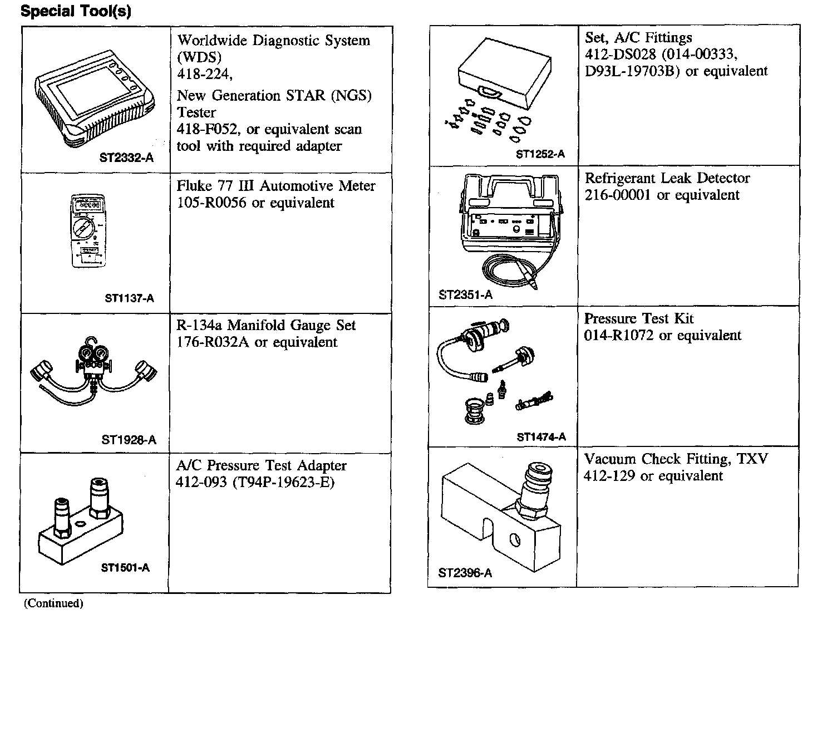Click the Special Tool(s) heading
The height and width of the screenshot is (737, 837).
click(x=76, y=12)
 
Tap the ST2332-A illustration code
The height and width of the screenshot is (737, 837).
click(x=126, y=158)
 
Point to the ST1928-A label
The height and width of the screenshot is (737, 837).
click(x=129, y=440)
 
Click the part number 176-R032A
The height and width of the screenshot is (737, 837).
click(x=212, y=342)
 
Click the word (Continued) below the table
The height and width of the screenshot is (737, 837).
click(x=53, y=603)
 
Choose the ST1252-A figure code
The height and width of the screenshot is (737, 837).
click(x=540, y=154)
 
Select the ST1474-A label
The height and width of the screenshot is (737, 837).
click(x=541, y=437)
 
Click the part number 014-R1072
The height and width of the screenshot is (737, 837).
click(x=618, y=336)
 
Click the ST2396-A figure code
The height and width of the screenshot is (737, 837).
click(x=465, y=573)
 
